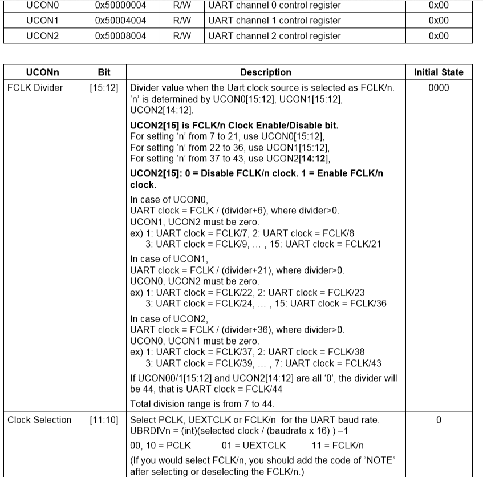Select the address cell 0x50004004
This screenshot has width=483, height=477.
click(x=120, y=21)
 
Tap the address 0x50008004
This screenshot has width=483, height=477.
click(x=120, y=35)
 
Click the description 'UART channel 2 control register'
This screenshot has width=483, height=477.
click(x=275, y=35)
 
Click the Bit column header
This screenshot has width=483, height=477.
click(x=104, y=72)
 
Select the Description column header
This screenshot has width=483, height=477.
click(x=265, y=72)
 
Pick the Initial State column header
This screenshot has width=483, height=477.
click(x=439, y=72)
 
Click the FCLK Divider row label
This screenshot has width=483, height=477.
click(x=35, y=88)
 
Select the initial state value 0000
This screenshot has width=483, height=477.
click(x=439, y=88)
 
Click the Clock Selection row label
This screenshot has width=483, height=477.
click(x=39, y=420)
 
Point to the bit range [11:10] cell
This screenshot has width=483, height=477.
click(x=104, y=420)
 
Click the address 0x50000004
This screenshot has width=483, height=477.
click(x=120, y=6)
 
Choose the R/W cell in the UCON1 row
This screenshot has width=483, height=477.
click(x=189, y=21)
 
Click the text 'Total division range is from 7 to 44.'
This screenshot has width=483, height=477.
click(x=210, y=405)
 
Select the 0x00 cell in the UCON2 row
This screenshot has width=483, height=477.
click(x=438, y=35)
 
